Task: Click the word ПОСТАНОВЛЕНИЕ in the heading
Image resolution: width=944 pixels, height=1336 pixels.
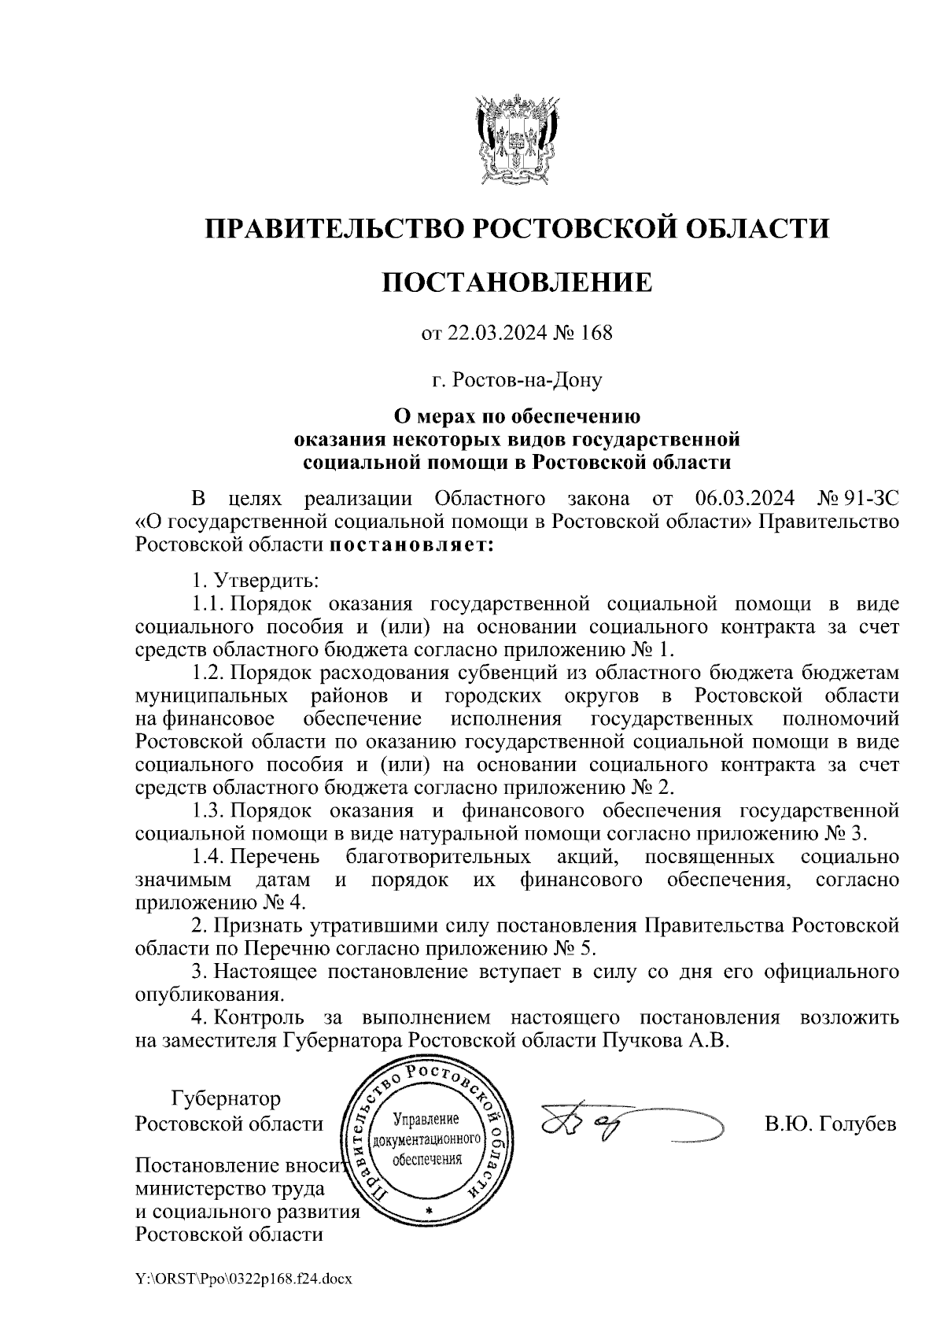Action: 517,282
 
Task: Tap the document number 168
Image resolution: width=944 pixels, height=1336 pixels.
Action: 595,333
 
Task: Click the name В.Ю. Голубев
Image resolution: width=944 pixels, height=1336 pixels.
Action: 830,1123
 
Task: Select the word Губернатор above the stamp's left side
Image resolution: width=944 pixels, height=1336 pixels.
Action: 226,1098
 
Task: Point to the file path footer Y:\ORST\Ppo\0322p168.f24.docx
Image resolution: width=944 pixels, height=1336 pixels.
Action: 243,1279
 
